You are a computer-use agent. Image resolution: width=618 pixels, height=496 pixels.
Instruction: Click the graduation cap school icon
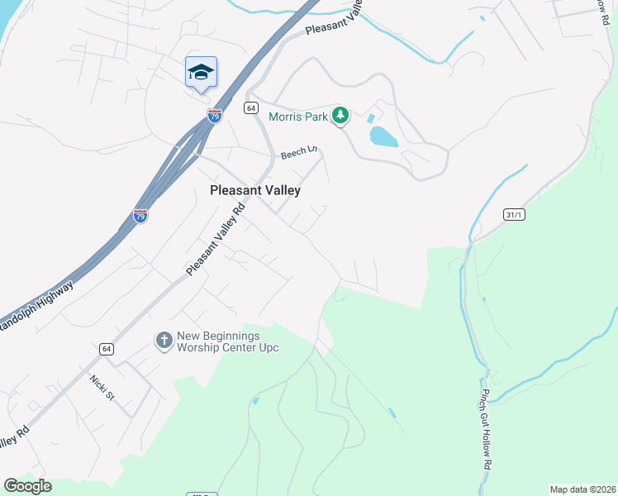point(201,72)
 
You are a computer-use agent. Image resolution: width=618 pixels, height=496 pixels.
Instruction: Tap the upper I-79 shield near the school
point(215,115)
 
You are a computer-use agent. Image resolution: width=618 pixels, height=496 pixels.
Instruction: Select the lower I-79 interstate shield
point(140,217)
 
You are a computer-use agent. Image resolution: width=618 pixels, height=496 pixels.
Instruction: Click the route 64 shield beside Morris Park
point(251,108)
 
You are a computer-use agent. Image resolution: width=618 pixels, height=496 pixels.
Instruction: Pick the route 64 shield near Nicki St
point(107,350)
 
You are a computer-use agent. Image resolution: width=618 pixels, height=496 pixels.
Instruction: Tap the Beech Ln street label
point(299,153)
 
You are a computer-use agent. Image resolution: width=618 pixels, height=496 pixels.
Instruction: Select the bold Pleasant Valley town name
point(254,190)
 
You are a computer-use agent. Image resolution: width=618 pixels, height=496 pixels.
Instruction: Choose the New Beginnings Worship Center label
point(228,341)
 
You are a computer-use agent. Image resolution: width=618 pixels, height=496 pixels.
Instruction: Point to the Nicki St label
point(102,386)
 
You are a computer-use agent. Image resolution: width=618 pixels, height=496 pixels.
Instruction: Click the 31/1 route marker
point(514,214)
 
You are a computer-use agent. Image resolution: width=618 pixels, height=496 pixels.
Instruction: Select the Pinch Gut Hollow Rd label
point(486,430)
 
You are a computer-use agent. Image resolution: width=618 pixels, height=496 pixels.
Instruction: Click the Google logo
point(27,486)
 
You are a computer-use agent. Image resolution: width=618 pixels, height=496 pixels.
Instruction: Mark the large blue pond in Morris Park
point(383,136)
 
